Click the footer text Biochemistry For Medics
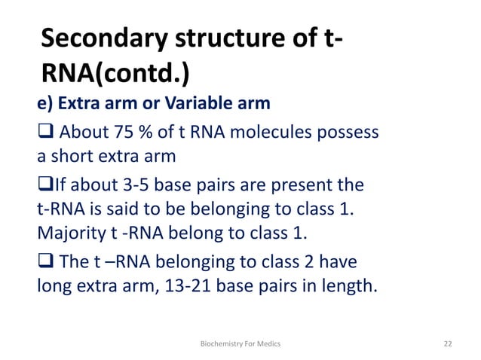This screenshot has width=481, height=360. click(x=240, y=343)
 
